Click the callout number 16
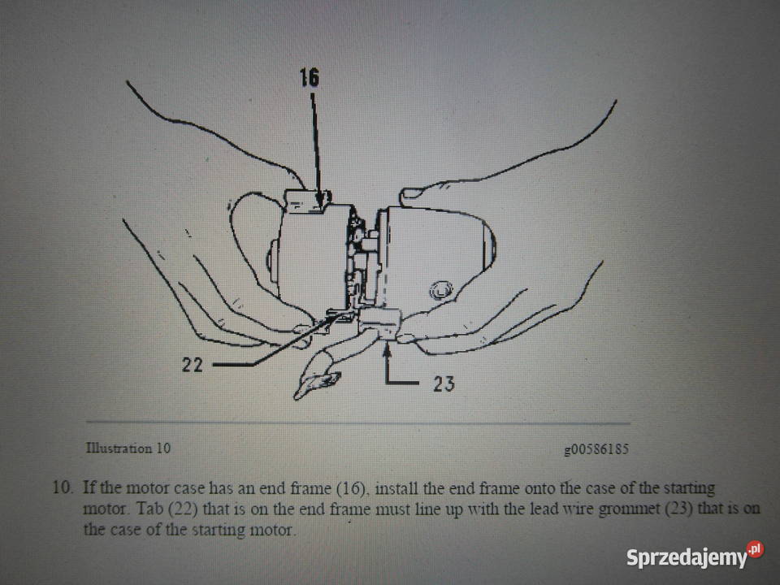309,77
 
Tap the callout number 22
192,365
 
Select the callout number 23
444,383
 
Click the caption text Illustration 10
128,448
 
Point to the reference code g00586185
596,449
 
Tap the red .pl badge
755,549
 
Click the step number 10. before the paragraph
63,487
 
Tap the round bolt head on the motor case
440,290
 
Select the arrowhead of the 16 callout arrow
319,197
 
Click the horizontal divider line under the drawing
358,423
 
